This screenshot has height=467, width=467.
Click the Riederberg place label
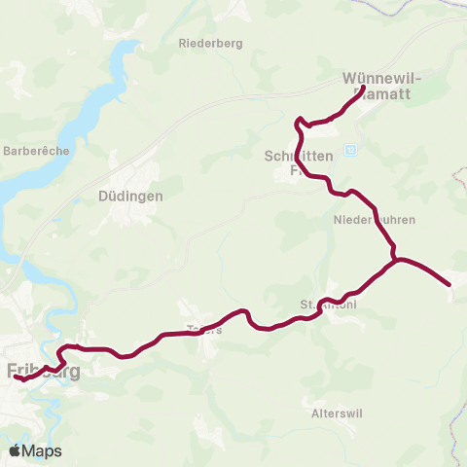(x=210, y=43)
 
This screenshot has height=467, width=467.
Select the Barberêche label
(x=32, y=151)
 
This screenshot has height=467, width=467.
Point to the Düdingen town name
(x=130, y=195)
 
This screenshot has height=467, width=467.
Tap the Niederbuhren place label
(x=367, y=220)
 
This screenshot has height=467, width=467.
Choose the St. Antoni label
(x=328, y=305)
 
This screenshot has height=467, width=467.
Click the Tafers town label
(x=206, y=329)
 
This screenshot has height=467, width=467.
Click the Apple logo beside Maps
(x=16, y=450)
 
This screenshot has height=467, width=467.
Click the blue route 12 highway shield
(x=351, y=149)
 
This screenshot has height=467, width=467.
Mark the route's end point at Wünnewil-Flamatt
(x=363, y=89)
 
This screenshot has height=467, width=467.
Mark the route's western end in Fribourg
(x=18, y=377)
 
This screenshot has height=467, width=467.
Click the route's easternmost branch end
(x=449, y=284)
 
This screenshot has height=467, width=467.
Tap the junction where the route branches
(x=395, y=260)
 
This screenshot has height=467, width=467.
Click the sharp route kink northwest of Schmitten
(x=299, y=121)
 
